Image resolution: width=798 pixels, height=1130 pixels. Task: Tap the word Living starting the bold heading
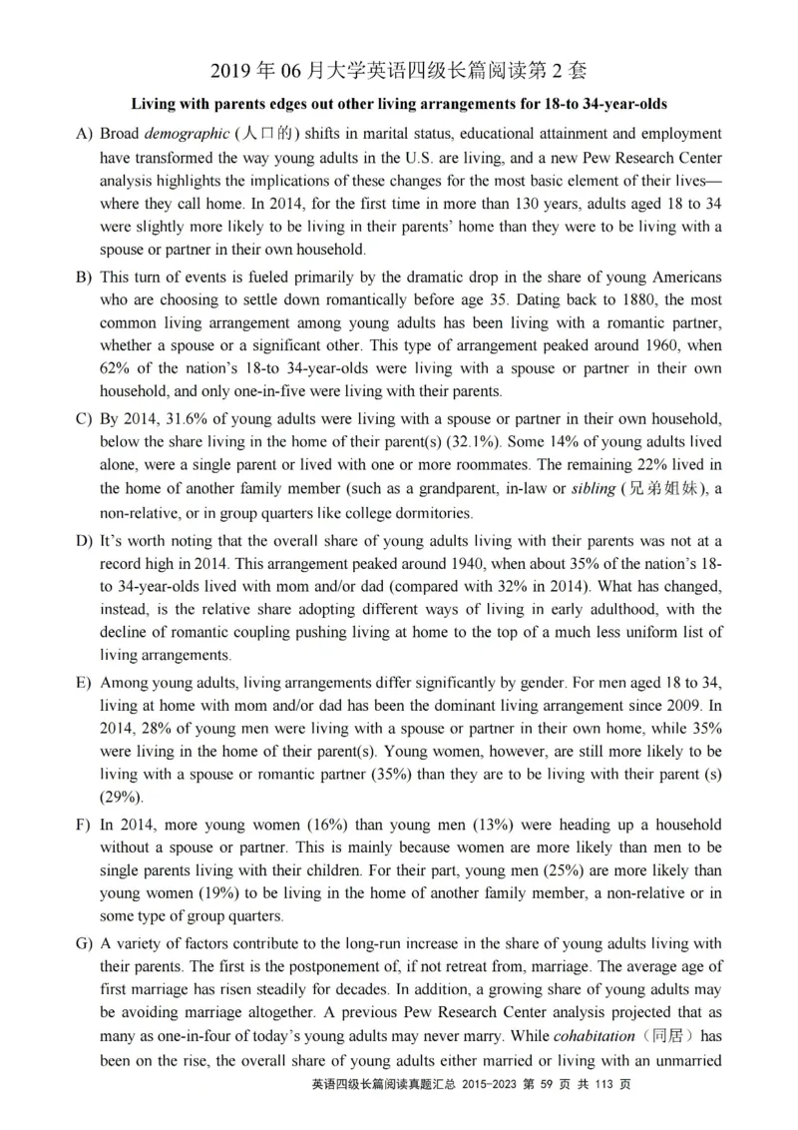(x=154, y=104)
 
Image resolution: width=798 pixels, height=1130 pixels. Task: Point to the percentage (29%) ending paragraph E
(x=123, y=797)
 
